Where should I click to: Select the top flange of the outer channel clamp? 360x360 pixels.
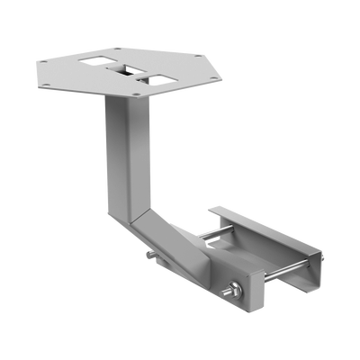click(x=261, y=225)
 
